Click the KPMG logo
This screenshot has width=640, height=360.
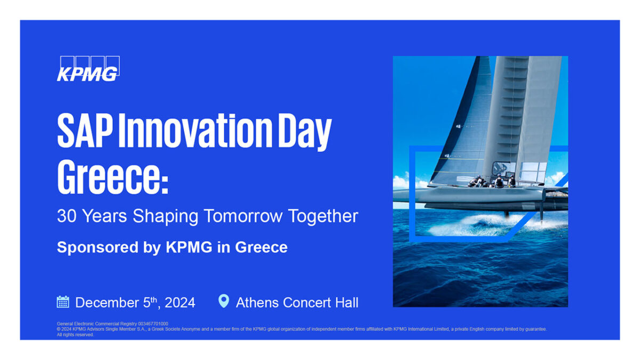tap(89, 69)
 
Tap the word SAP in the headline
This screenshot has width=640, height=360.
tap(85, 130)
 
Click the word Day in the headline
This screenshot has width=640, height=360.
tap(305, 132)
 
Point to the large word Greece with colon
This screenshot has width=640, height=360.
tap(113, 177)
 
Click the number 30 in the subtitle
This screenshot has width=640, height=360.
tap(67, 216)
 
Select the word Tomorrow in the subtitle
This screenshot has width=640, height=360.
tap(243, 216)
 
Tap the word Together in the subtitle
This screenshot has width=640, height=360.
tap(323, 217)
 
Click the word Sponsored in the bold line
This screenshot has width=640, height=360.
tap(98, 247)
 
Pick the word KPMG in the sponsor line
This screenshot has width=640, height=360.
tap(189, 247)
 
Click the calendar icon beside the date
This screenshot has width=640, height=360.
tap(63, 302)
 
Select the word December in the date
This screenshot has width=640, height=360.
tap(107, 302)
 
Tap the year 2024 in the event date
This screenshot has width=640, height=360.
tap(180, 302)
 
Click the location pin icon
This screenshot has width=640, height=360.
tap(223, 301)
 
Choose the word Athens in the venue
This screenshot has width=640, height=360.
tap(257, 302)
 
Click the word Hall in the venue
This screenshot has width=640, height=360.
tap(347, 302)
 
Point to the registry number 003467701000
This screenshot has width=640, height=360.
tap(153, 324)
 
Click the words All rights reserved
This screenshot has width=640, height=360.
tap(75, 334)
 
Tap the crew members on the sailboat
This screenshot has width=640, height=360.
tap(492, 181)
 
